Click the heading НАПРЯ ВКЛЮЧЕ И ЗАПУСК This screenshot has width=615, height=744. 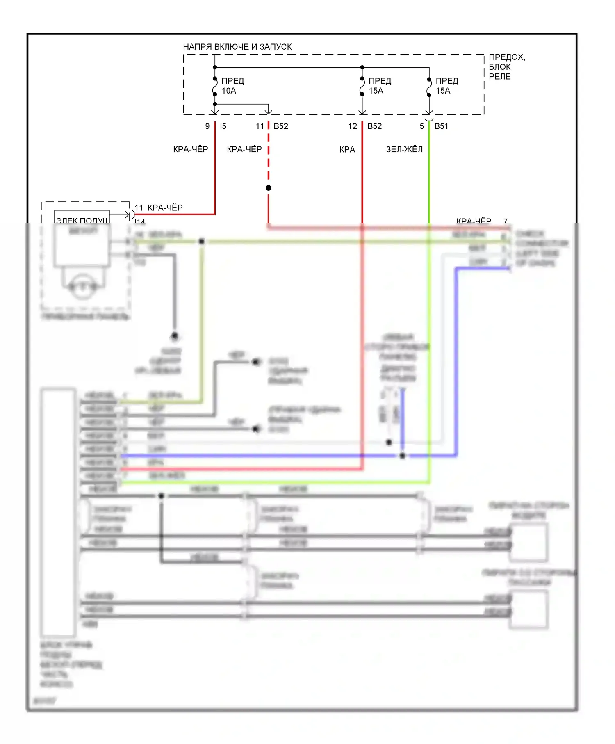click(237, 47)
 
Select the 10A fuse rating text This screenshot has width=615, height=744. click(229, 91)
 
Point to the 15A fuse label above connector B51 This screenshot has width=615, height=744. click(443, 91)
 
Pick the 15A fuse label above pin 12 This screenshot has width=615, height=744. click(376, 91)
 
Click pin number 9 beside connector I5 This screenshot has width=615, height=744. click(207, 126)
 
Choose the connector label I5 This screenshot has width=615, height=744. click(223, 126)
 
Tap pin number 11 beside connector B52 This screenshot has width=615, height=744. click(260, 126)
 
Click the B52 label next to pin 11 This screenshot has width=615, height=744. click(281, 126)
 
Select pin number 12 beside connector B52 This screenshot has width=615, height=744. click(353, 126)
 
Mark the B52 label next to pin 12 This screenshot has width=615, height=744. click(374, 126)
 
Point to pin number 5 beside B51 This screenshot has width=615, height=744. click(421, 126)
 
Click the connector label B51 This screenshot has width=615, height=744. click(441, 126)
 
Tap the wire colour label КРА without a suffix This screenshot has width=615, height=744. click(347, 150)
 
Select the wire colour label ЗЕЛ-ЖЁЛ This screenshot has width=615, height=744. click(404, 150)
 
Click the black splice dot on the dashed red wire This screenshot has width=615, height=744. click(269, 188)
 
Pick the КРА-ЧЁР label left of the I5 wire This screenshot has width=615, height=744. click(191, 150)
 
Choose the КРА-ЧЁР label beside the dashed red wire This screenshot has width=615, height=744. click(244, 150)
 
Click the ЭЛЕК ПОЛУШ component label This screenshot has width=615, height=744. click(82, 220)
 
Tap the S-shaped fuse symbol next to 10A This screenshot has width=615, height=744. click(215, 87)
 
